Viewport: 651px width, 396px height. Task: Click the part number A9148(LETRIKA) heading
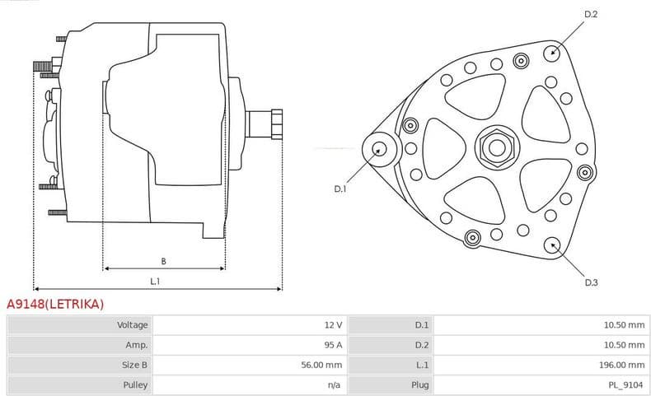tap(55, 304)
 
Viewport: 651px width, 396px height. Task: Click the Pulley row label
tap(135, 384)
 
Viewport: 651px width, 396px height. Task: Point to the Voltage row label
tap(132, 325)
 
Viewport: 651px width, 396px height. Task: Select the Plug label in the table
tap(420, 384)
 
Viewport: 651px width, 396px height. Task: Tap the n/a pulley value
tap(335, 384)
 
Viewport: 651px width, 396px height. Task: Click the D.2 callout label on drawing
tap(590, 14)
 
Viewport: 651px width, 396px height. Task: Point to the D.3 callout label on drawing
tap(591, 282)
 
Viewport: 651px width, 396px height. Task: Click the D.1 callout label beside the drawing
tap(340, 189)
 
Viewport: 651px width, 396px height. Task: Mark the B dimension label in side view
tap(163, 261)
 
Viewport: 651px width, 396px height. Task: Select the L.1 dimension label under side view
tap(155, 282)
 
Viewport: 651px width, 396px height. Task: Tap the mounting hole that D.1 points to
tap(379, 149)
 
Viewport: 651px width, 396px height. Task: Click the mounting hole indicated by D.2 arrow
tap(552, 52)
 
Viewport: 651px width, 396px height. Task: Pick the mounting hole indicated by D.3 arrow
tap(552, 244)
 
